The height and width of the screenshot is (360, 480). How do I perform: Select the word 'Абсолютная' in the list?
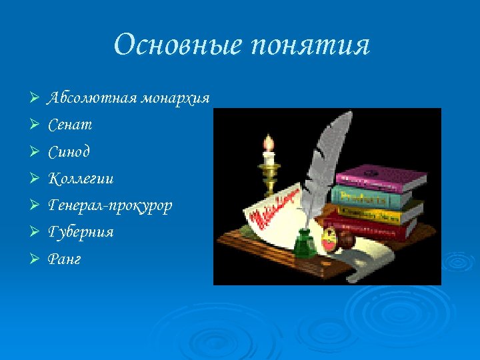pyautogui.click(x=91, y=98)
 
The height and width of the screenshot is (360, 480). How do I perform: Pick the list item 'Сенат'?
pyautogui.click(x=70, y=125)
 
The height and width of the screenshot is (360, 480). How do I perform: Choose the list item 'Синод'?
pyautogui.click(x=69, y=151)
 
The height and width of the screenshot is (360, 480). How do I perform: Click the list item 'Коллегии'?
pyautogui.click(x=81, y=178)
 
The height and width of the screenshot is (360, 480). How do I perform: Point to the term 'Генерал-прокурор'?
pyautogui.click(x=110, y=205)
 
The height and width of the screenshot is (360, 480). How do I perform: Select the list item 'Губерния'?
pyautogui.click(x=81, y=232)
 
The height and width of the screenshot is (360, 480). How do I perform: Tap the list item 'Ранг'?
pyautogui.click(x=65, y=259)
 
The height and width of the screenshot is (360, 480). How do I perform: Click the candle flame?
pyautogui.click(x=269, y=142)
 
